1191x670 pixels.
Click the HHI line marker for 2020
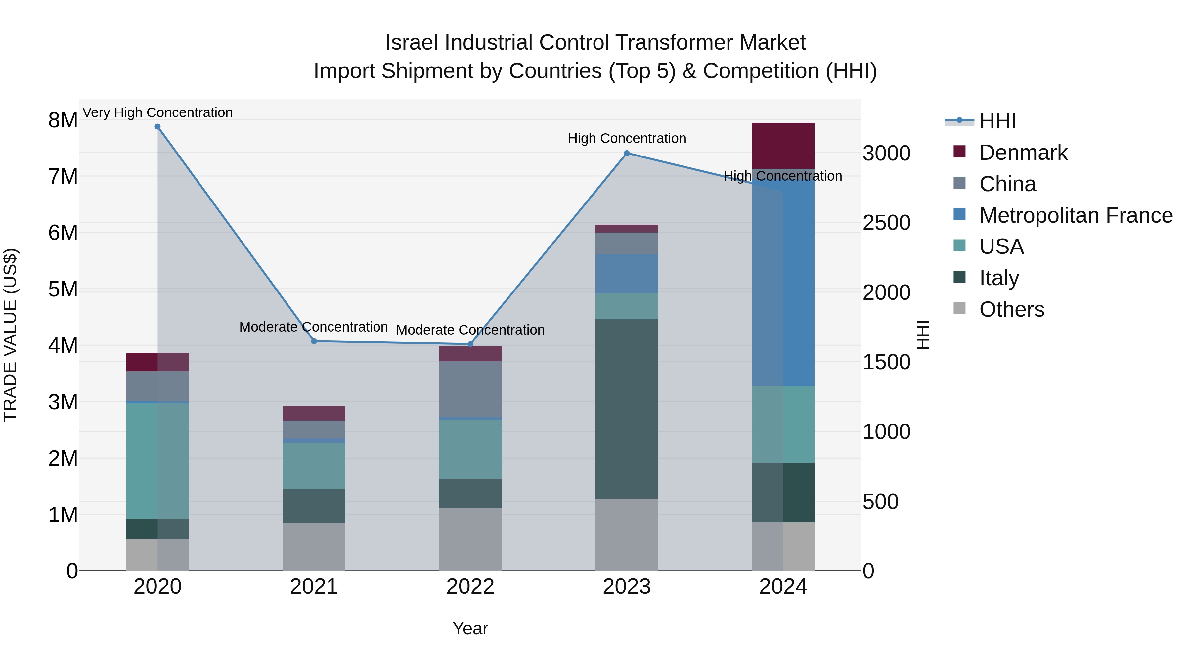pos(158,127)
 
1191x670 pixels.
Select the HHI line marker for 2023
pos(627,153)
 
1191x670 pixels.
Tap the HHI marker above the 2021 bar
pos(314,341)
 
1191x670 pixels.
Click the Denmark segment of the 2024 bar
pos(783,146)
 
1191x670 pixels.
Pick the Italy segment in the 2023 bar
pos(627,408)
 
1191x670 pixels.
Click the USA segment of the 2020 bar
pos(158,461)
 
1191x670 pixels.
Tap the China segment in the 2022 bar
pos(470,388)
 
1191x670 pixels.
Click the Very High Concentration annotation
pos(158,112)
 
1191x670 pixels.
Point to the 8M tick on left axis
pos(63,120)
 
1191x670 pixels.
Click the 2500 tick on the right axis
pos(886,223)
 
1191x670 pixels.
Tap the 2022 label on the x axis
pos(470,587)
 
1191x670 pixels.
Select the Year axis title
pos(470,628)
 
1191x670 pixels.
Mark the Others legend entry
pos(1011,309)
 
